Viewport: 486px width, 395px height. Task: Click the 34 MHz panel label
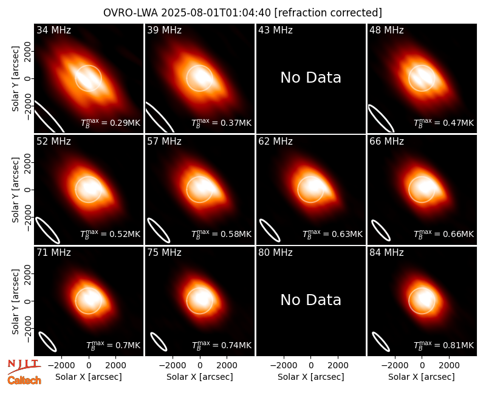[53, 30]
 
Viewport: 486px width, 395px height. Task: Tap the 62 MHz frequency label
[276, 142]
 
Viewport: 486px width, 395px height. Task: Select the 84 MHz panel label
[386, 253]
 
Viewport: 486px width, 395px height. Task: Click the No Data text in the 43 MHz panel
[311, 78]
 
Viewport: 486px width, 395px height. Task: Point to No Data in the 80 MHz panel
[311, 300]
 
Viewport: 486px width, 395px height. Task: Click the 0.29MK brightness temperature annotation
[111, 123]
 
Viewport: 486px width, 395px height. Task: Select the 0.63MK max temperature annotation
[332, 234]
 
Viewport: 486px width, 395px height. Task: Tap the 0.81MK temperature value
[444, 345]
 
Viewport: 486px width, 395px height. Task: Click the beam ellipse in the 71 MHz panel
[47, 342]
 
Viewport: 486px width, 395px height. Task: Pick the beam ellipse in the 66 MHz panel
[381, 230]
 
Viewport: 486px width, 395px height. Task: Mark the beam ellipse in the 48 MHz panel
[382, 118]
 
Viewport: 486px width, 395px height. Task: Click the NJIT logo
[24, 366]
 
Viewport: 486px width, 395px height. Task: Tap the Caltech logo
[24, 380]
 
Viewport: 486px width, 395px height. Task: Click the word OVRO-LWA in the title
[131, 13]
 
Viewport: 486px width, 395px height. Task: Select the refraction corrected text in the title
[328, 13]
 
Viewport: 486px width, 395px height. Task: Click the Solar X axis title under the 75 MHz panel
[200, 377]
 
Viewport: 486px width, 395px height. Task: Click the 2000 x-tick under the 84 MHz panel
[449, 366]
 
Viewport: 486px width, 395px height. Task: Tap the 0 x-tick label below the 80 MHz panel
[311, 366]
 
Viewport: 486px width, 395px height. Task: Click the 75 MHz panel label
[164, 253]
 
